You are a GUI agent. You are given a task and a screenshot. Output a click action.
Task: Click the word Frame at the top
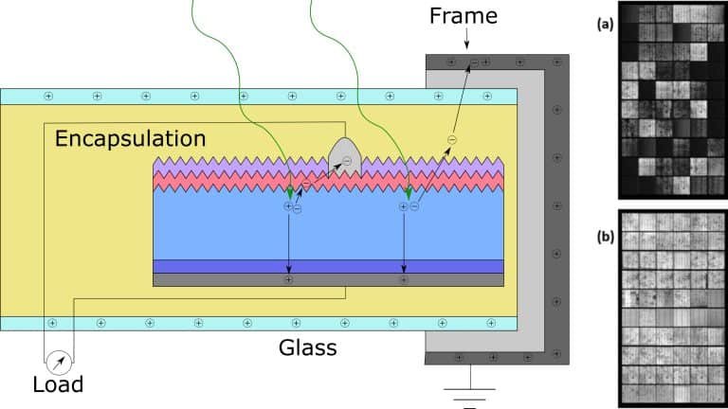463,16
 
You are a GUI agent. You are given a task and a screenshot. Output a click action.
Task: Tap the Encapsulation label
130,138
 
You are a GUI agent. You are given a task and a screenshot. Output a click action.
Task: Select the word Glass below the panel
307,347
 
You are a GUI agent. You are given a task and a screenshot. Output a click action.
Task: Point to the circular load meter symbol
59,361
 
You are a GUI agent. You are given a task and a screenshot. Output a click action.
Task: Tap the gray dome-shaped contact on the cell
345,157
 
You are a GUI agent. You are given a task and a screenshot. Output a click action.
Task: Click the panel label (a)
603,26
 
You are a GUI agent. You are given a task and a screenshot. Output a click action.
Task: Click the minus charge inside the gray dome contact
347,162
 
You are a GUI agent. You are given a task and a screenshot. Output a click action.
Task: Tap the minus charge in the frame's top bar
474,62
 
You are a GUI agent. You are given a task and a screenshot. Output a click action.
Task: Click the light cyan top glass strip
237,96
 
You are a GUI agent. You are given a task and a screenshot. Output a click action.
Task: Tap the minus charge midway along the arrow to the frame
451,140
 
